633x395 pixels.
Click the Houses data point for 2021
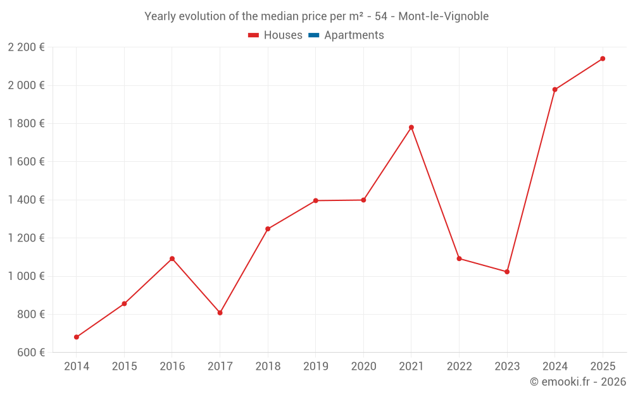(411, 127)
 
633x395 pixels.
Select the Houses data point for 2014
(77, 337)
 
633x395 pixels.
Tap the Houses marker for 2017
(220, 313)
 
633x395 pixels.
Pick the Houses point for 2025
(603, 59)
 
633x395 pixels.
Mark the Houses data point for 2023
(507, 272)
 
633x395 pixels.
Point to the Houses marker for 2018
(268, 229)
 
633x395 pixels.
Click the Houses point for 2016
(172, 258)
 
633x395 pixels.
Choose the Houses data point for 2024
(555, 90)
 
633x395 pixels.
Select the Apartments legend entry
(354, 35)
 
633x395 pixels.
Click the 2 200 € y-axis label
(27, 47)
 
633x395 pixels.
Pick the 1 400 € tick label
(27, 200)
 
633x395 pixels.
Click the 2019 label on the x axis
(315, 366)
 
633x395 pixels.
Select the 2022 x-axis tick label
(459, 366)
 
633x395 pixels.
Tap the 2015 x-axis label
(124, 366)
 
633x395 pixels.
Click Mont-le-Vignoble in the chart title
(443, 16)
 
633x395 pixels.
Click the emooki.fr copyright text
(578, 382)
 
